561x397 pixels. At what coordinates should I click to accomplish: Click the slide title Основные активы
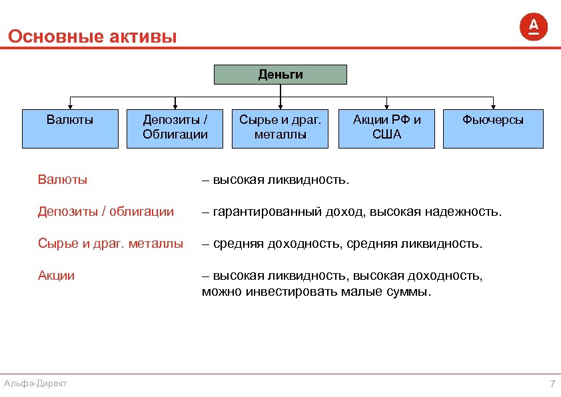[x=93, y=36]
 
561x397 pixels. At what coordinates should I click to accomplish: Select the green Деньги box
[x=280, y=75]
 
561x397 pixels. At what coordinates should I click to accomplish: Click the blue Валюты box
[x=70, y=128]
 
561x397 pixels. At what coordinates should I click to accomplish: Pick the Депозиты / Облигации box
[x=175, y=128]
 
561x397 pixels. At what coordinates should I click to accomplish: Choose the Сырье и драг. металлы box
[x=280, y=128]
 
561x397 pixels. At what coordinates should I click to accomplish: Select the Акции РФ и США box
[x=386, y=128]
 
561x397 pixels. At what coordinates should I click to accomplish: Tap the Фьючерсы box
[x=493, y=128]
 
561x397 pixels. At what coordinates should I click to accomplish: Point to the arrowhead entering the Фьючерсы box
[x=493, y=106]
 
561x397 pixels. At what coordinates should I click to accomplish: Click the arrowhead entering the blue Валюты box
[x=70, y=106]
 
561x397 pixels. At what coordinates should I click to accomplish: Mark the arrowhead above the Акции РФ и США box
[x=386, y=106]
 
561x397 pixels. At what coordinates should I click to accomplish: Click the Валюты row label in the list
[x=63, y=180]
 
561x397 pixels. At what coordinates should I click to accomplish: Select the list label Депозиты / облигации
[x=106, y=212]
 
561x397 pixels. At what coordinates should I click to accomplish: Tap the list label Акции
[x=57, y=276]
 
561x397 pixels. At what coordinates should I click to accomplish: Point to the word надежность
[x=467, y=212]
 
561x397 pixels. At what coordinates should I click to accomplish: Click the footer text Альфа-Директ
[x=35, y=383]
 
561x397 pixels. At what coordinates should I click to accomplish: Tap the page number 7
[x=552, y=384]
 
